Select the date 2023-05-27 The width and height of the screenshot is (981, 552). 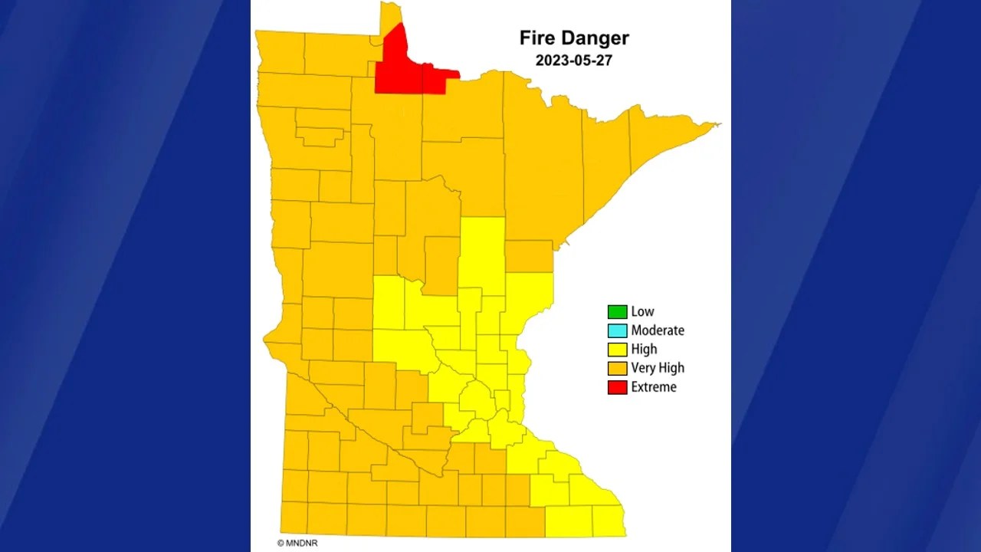[573, 61]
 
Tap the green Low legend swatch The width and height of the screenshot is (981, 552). [617, 311]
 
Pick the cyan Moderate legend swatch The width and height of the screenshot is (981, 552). [617, 330]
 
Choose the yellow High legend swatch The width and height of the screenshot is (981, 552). [617, 350]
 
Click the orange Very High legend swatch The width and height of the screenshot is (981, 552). [617, 368]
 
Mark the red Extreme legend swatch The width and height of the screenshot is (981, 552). [617, 387]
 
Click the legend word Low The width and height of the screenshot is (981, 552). [642, 311]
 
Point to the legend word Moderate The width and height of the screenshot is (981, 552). [658, 330]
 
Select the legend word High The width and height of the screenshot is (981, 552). [644, 350]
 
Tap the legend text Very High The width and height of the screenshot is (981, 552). [658, 368]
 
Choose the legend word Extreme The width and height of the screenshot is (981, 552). [654, 387]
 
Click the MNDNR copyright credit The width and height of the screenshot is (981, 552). [297, 543]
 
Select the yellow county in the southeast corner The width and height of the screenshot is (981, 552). [608, 521]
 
